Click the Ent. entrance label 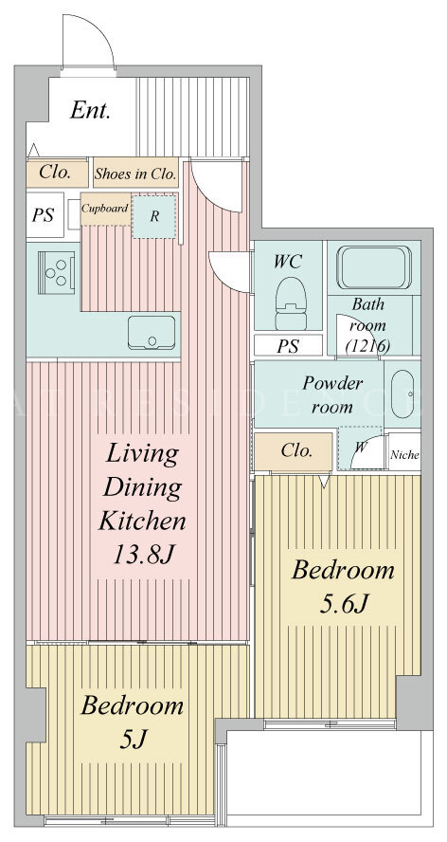[90, 111]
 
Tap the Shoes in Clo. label [135, 174]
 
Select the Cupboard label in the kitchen [105, 209]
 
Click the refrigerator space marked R [154, 216]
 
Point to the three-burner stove [56, 272]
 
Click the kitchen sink [152, 333]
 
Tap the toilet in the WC [291, 303]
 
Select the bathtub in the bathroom [373, 267]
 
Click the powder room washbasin [402, 394]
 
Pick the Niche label [404, 455]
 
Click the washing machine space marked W [361, 447]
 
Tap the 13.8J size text [142, 554]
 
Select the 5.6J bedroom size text [343, 605]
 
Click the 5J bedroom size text [132, 740]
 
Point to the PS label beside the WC [288, 347]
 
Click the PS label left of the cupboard [43, 215]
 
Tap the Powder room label [332, 394]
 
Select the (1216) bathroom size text [367, 346]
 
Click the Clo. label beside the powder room [296, 450]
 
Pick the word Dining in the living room [142, 487]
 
